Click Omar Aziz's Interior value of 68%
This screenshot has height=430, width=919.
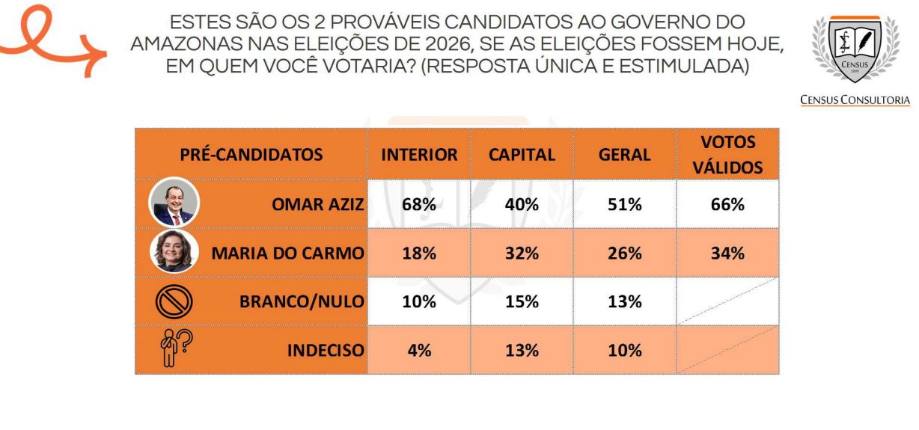[x=419, y=204]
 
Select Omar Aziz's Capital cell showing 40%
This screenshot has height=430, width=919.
[x=522, y=204]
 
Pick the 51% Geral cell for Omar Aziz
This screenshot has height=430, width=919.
[x=624, y=204]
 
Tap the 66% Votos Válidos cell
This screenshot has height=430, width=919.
[x=727, y=204]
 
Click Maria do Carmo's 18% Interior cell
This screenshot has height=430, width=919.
[x=419, y=253]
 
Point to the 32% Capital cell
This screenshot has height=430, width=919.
[x=522, y=253]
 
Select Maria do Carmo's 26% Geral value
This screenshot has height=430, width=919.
[x=624, y=253]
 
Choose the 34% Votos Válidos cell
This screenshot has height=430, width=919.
[x=727, y=253]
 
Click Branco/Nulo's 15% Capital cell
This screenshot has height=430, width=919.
[x=522, y=301]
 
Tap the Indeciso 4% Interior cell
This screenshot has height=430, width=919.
[x=419, y=350]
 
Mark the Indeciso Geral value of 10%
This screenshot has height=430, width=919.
[x=624, y=350]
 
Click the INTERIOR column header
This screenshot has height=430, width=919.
[x=419, y=155]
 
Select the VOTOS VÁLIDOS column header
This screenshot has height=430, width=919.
[x=727, y=155]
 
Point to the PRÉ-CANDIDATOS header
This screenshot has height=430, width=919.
[x=251, y=155]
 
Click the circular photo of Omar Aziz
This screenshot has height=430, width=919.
[x=174, y=202]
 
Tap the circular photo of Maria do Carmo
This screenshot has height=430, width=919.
[x=174, y=251]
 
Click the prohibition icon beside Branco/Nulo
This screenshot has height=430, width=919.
[x=174, y=301]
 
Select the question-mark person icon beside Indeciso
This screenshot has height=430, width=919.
[x=176, y=348]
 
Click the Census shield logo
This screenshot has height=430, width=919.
[x=855, y=49]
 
